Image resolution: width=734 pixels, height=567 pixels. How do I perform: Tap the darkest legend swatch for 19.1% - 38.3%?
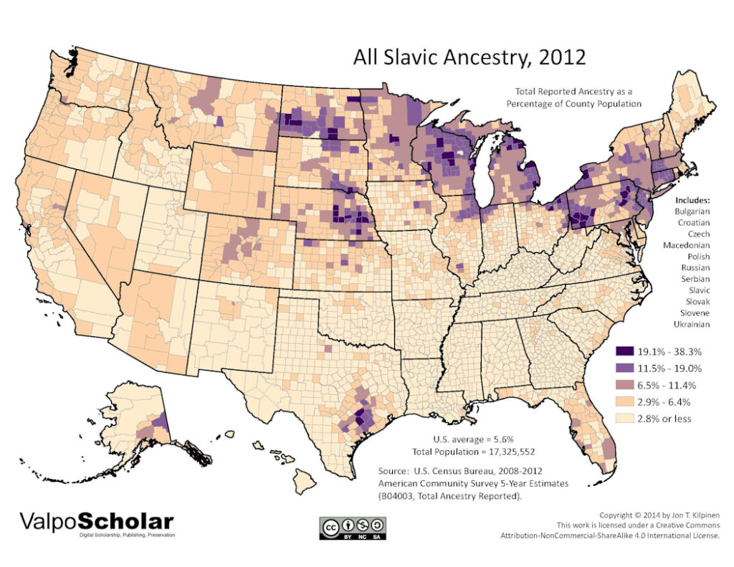tap(626, 352)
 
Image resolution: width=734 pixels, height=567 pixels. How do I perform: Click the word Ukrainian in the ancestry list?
tap(692, 324)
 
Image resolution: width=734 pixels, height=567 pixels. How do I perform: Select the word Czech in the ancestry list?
tap(692, 234)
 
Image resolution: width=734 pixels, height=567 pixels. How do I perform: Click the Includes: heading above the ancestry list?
tap(692, 199)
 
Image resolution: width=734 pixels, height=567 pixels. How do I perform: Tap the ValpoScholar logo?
tap(96, 520)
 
